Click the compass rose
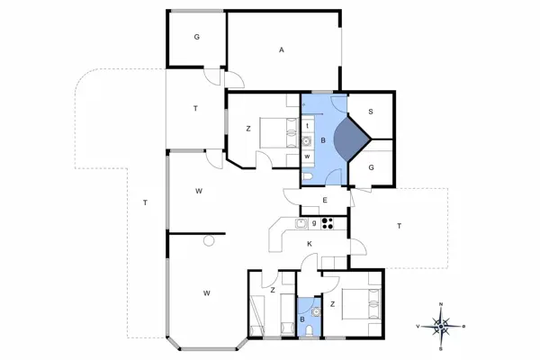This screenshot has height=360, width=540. pyautogui.click(x=441, y=324)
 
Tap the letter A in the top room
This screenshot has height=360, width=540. pyautogui.click(x=282, y=50)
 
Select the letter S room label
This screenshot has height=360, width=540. pyautogui.click(x=370, y=112)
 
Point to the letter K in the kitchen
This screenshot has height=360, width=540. pyautogui.click(x=309, y=244)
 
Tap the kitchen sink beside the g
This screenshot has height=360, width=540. pyautogui.click(x=301, y=222)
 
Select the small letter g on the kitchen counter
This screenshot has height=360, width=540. pyautogui.click(x=314, y=222)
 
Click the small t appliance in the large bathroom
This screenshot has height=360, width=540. pyautogui.click(x=307, y=125)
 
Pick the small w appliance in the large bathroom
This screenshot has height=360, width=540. pyautogui.click(x=307, y=157)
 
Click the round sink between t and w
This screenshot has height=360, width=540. pyautogui.click(x=307, y=140)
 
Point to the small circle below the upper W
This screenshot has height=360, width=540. pyautogui.click(x=209, y=240)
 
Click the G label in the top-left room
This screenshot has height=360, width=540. pyautogui.click(x=195, y=38)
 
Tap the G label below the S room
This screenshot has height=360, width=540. pyautogui.click(x=370, y=166)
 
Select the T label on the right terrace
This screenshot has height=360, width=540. pyautogui.click(x=399, y=227)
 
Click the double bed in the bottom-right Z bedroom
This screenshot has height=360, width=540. pyautogui.click(x=363, y=304)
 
